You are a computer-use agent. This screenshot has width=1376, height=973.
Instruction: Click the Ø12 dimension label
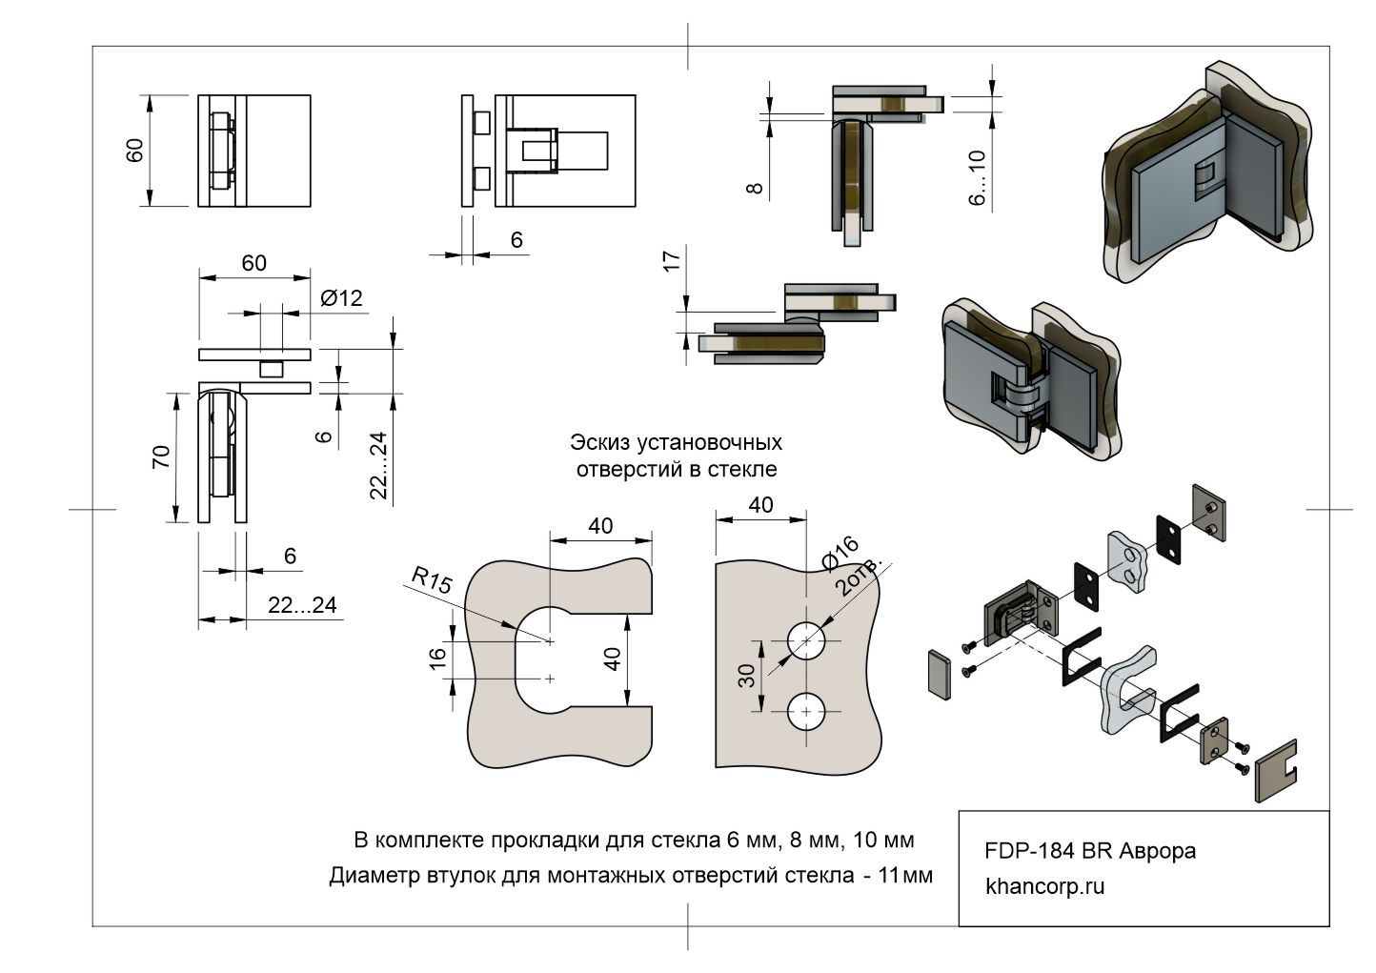click(x=341, y=298)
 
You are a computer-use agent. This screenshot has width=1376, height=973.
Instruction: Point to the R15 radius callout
click(x=432, y=580)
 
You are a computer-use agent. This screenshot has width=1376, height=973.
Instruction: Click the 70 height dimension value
click(x=161, y=456)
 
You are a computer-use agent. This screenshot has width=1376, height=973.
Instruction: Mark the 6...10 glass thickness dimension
click(x=978, y=178)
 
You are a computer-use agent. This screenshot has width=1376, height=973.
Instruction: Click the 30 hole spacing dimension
click(x=746, y=675)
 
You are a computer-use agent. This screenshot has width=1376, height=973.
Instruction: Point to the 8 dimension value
click(x=755, y=188)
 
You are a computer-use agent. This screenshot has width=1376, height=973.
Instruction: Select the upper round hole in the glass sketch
click(x=807, y=640)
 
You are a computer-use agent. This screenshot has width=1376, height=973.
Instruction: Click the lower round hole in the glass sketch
click(x=807, y=712)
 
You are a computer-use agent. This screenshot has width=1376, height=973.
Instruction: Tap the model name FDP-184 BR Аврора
click(x=1089, y=851)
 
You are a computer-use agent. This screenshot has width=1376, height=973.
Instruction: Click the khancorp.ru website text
click(x=1044, y=886)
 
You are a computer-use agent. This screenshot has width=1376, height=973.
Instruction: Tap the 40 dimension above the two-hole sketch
click(x=760, y=504)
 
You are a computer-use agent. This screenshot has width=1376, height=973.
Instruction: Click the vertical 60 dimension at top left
click(x=134, y=150)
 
